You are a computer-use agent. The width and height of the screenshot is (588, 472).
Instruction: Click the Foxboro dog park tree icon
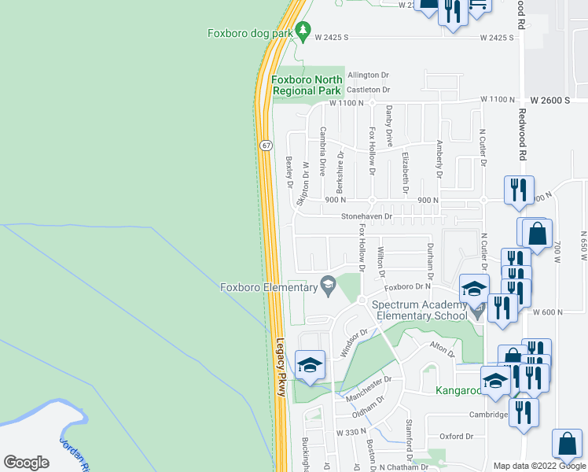click(300, 33)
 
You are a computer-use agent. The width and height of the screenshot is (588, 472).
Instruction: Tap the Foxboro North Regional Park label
click(307, 85)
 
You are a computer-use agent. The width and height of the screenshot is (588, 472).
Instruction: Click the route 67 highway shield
click(267, 146)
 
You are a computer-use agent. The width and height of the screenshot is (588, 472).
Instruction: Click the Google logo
click(26, 463)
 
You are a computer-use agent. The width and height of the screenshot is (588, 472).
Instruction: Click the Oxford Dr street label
click(456, 436)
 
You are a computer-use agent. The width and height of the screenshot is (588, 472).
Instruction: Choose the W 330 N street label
click(352, 433)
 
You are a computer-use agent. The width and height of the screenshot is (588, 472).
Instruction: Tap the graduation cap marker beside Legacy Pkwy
click(310, 365)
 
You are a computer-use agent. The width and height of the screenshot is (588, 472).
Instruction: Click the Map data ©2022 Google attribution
click(539, 466)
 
